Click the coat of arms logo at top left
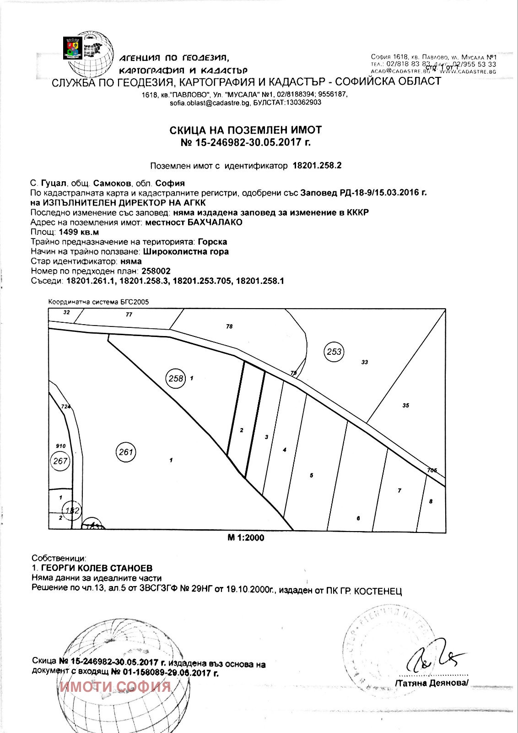pos(72,47)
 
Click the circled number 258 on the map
pos(176,378)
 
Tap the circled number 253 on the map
pos(335,352)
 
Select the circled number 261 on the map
pos(126,452)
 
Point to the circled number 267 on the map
pos(60,461)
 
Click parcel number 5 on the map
pos(312,475)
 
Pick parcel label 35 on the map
pos(405,405)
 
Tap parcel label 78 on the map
pos(229,326)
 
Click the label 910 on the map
pos(60,446)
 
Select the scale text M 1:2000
pos(246,538)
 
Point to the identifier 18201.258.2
pos(317,166)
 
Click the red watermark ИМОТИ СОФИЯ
pos(115,687)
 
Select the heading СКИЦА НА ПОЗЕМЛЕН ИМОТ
pos(246,130)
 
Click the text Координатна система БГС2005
pos(98,302)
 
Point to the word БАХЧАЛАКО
pos(215,223)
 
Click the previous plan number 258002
pos(156,271)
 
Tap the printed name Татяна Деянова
pos(432,683)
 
